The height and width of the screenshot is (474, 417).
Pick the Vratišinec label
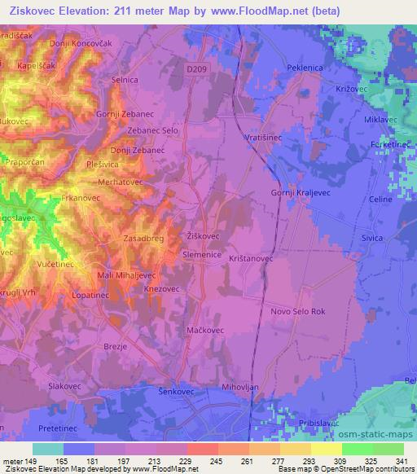point(264,138)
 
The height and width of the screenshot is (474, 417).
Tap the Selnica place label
point(125,80)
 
